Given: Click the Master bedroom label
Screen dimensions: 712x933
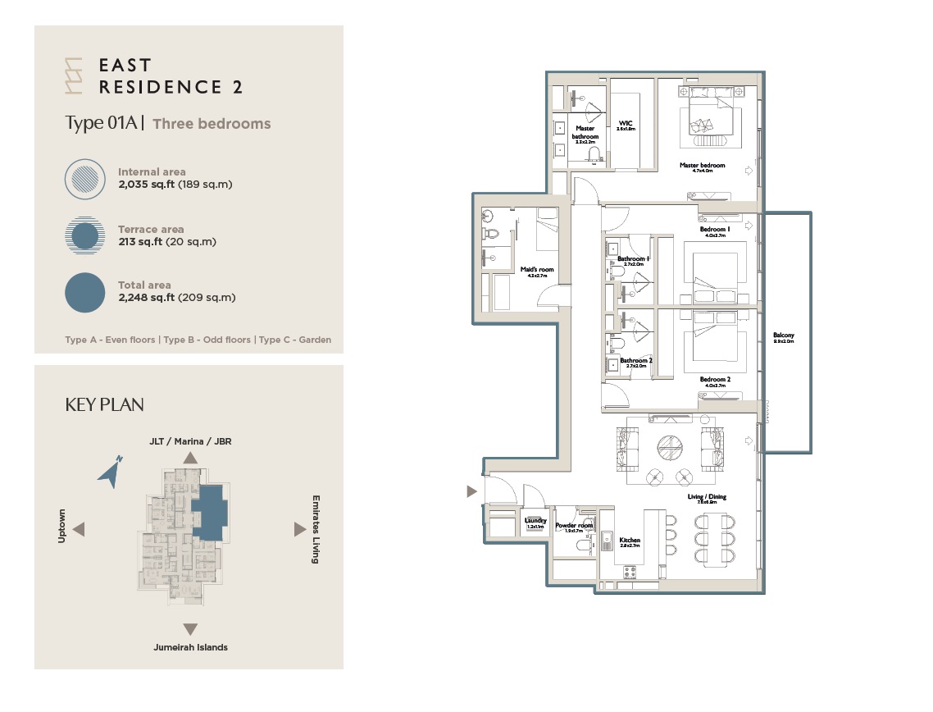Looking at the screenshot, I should point(702,166).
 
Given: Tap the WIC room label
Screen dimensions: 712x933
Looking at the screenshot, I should point(626,124).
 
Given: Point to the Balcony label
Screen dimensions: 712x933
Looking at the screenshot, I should point(783,335).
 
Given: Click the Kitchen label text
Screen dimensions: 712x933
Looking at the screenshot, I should point(630,541).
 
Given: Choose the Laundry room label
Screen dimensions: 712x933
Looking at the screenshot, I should point(535,521).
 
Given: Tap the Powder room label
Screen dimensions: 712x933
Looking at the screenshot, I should point(574,526).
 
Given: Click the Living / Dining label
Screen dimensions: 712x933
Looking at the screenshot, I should point(706,497).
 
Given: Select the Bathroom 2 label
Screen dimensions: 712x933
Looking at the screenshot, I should point(635,361).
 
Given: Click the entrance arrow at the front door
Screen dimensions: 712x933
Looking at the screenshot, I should point(471,491).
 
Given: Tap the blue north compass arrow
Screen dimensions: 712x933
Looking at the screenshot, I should point(110,472).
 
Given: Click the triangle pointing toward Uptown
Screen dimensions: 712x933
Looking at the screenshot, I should point(80,530).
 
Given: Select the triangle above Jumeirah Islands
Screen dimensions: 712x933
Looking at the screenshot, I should point(190,629).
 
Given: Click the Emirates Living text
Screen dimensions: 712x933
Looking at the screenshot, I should point(316,529).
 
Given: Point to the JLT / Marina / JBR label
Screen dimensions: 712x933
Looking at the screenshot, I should point(190,441).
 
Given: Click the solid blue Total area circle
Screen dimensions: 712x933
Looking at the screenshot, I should point(85,293).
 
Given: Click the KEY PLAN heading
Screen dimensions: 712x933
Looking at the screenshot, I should point(104,405).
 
